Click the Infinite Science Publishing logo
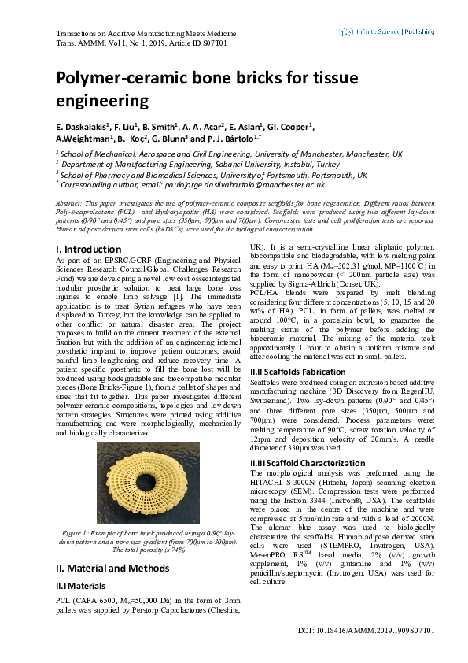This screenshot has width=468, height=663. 386,32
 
